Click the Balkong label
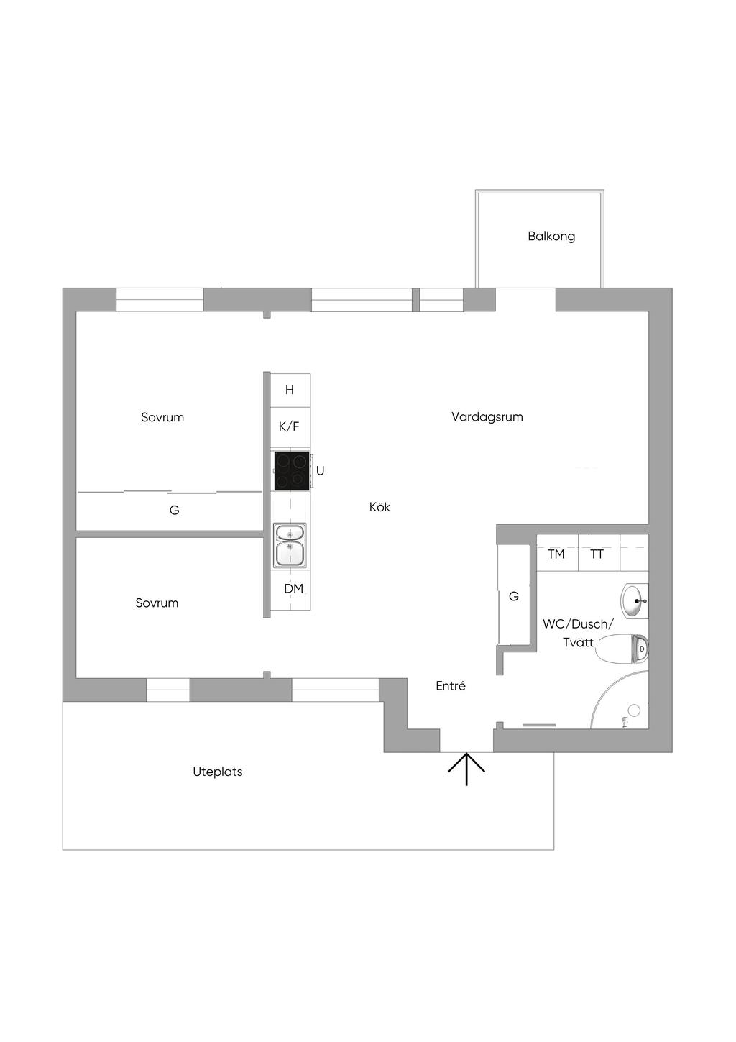coord(551,236)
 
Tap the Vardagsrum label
coord(487,416)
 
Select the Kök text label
coord(379,507)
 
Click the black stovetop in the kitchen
coord(292,471)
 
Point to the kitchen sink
coord(290,544)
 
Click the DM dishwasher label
coord(293,588)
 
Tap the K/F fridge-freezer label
coord(289,426)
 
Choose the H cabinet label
coord(290,390)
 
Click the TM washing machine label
coord(556,554)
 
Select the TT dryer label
coord(597,554)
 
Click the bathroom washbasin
coord(634,600)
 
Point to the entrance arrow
coord(466,768)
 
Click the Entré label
coord(451,686)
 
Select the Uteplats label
coord(218,772)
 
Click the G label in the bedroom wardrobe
coord(174,510)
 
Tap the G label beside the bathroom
coord(514,596)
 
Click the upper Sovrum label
coord(162,417)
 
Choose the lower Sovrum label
coord(157,603)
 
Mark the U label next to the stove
coord(321,470)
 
